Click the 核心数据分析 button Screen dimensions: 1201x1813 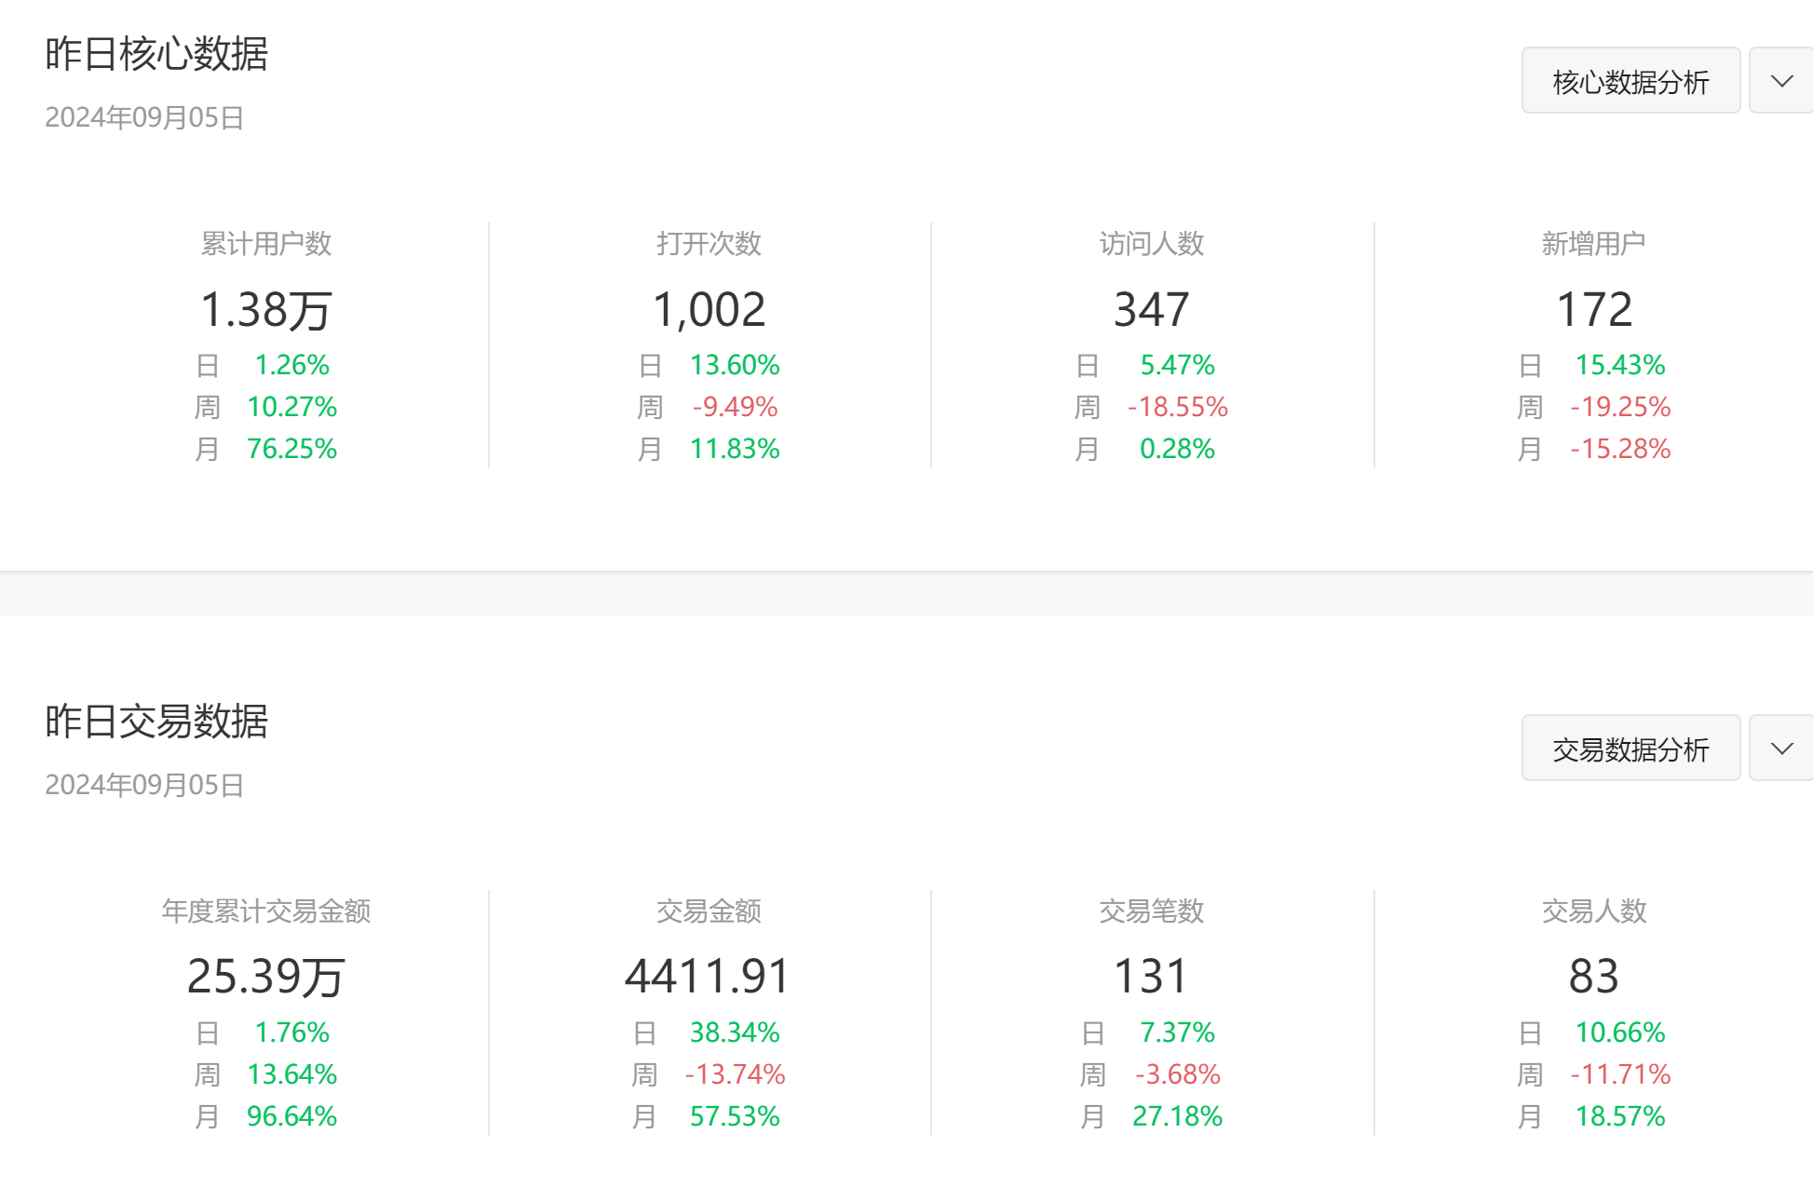tap(1630, 81)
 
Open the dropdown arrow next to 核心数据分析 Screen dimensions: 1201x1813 tap(1781, 81)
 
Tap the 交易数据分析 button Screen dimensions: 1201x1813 tap(1630, 749)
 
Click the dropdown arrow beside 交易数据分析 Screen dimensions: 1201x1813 tap(1781, 749)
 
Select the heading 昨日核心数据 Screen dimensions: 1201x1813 tap(156, 54)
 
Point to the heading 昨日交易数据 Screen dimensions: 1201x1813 tap(156, 722)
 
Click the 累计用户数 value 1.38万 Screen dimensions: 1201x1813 tap(266, 309)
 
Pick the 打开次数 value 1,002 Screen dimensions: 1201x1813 tap(709, 309)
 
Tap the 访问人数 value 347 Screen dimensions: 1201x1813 tap(1152, 309)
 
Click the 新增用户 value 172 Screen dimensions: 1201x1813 tap(1594, 309)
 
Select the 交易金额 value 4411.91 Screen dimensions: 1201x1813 tap(709, 977)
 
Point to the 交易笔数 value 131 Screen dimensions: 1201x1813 tap(1152, 977)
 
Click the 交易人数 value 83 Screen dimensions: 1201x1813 tap(1594, 977)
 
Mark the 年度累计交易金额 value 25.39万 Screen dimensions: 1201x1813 tap(266, 977)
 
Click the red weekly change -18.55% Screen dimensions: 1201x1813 tap(1177, 407)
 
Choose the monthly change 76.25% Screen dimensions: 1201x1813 tap(291, 449)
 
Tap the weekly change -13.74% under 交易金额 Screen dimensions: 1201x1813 tap(735, 1074)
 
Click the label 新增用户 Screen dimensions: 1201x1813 tap(1594, 244)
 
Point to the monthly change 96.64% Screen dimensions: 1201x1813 tap(291, 1116)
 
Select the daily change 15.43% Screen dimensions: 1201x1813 tap(1620, 365)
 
